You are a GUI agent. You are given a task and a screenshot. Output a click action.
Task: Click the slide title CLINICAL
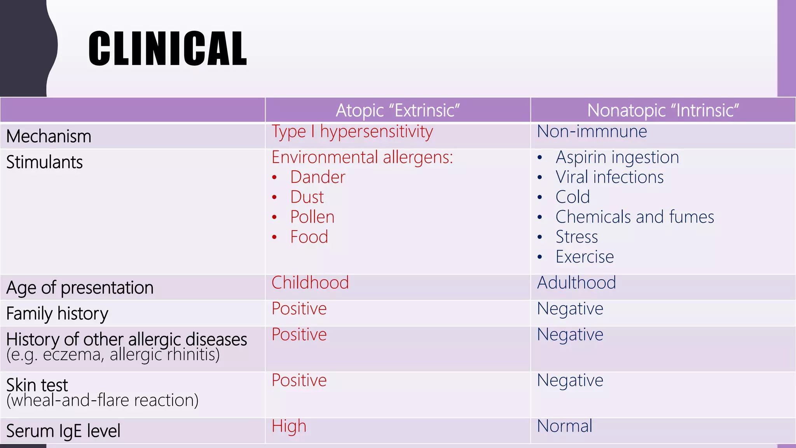[168, 49]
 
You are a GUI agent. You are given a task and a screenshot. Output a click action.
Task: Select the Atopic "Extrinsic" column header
[398, 110]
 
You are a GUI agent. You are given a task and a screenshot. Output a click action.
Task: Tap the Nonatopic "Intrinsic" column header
[663, 110]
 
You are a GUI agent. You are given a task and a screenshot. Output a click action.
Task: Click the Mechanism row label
[49, 136]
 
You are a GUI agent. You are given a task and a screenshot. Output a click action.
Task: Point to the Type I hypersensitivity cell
[352, 132]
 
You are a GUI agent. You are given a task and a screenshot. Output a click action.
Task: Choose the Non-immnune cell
[592, 131]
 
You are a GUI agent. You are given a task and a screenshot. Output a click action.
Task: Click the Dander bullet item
[318, 177]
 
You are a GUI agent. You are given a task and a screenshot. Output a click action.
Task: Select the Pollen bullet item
[312, 217]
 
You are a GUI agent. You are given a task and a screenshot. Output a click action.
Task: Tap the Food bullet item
[309, 237]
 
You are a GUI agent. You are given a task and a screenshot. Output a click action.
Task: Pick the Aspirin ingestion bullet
[617, 157]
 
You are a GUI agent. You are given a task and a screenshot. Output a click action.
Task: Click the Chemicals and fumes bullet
[635, 217]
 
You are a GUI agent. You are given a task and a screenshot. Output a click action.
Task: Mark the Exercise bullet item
[585, 257]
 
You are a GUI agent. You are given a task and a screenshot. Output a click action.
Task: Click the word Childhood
[310, 283]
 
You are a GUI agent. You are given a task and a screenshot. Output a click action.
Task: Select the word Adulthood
[576, 283]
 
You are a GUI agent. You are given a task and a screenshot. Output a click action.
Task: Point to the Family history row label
[57, 313]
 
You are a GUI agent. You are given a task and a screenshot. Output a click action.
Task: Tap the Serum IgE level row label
[63, 431]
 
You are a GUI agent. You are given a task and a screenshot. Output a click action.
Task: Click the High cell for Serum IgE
[289, 426]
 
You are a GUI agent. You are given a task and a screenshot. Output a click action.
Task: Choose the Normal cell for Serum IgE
[564, 426]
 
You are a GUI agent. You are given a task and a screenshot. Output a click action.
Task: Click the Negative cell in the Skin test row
[570, 380]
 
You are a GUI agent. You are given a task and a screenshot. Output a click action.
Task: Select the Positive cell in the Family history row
[299, 309]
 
